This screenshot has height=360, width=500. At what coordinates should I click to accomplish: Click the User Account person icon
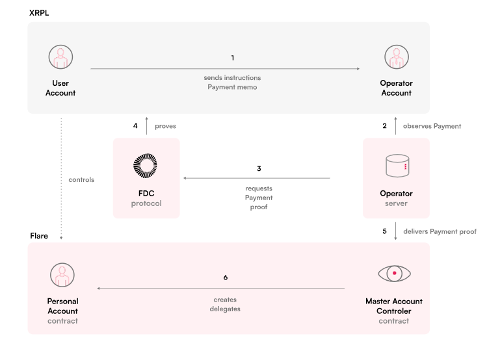[60, 57]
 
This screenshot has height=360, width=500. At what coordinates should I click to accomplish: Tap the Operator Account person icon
[397, 57]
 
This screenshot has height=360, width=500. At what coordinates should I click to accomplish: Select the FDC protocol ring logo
[145, 166]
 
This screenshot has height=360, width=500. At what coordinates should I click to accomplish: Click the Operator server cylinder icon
[397, 166]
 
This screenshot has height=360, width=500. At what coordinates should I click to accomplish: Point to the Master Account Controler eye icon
[395, 274]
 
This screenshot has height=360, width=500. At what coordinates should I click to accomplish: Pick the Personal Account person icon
[62, 275]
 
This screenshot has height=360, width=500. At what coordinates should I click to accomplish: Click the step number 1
[233, 58]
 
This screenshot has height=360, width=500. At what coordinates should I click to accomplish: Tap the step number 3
[259, 168]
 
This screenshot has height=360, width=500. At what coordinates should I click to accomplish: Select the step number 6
[226, 277]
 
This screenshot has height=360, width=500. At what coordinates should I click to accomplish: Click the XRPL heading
[39, 13]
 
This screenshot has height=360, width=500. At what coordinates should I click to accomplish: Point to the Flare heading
[39, 236]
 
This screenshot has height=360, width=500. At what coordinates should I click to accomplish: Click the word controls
[81, 180]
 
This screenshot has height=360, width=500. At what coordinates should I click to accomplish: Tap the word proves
[166, 126]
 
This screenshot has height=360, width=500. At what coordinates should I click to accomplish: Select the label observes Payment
[432, 126]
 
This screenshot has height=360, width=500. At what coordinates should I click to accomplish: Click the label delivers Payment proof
[440, 231]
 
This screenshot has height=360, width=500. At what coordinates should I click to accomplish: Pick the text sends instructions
[233, 78]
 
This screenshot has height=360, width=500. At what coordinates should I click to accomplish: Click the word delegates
[225, 309]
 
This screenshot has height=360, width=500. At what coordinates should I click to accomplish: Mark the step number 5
[384, 231]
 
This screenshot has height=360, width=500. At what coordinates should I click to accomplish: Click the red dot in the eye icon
[395, 273]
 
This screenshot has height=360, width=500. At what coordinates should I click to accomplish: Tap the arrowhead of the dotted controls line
[61, 238]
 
